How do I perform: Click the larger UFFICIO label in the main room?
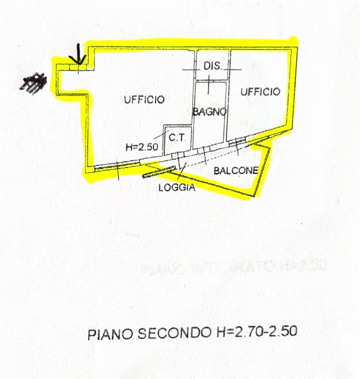pyautogui.click(x=144, y=100)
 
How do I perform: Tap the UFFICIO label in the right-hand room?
pyautogui.click(x=260, y=92)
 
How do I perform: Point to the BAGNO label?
pyautogui.click(x=209, y=111)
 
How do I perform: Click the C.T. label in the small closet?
pyautogui.click(x=177, y=138)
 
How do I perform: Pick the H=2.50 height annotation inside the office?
pyautogui.click(x=142, y=147)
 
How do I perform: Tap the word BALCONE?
pyautogui.click(x=236, y=171)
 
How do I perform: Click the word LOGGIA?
pyautogui.click(x=177, y=187)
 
